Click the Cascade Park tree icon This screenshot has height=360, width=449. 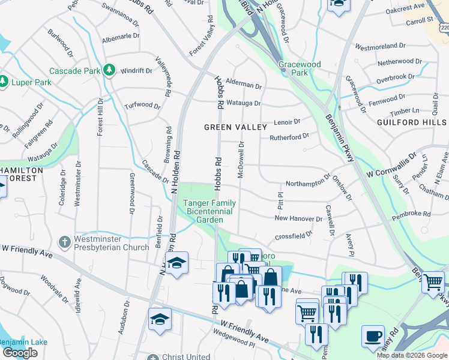pos(109,71)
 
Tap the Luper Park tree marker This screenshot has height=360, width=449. pos(3,80)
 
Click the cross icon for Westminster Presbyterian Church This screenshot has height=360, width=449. pos(65,242)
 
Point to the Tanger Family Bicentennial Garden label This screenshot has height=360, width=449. pos(209,211)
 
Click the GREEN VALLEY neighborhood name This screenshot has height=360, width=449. pos(235,127)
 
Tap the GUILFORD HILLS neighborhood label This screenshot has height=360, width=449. pos(411,122)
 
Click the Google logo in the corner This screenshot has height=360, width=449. pos(20,353)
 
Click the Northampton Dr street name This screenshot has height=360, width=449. pos(308,183)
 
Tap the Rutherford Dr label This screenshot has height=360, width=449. pos(289,137)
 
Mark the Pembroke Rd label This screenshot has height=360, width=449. pos(411,214)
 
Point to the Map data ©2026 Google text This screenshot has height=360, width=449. pos(412,355)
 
